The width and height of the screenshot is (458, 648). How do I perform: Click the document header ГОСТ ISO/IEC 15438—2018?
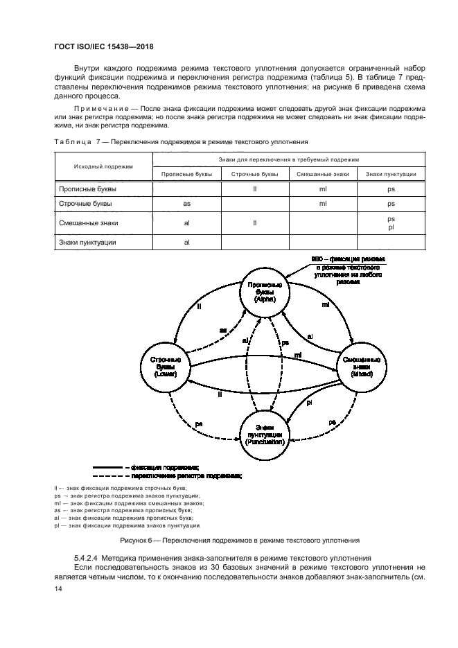point(103,47)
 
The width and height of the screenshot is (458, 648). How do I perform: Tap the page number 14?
point(58,588)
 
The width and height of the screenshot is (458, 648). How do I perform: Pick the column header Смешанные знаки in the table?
point(322,174)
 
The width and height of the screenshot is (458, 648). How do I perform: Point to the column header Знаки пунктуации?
point(391,174)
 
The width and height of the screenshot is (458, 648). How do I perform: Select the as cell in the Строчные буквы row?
point(186,204)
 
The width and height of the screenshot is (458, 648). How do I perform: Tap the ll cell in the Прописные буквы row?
point(255,189)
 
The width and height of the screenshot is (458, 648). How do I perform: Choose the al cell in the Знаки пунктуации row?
point(186,243)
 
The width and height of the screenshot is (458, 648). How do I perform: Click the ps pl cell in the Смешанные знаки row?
point(391,223)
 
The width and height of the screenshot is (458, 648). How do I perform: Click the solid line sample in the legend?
point(106,468)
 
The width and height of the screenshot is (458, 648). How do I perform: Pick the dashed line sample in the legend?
point(106,477)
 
